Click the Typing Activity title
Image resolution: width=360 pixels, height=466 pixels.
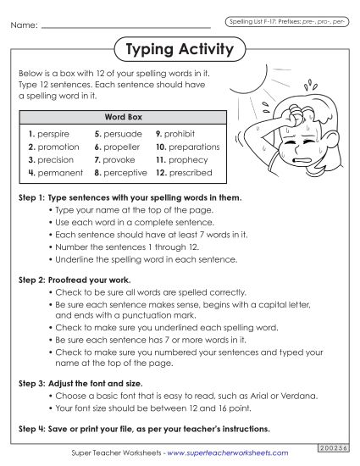[179, 49]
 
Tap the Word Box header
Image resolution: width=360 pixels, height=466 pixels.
[119, 119]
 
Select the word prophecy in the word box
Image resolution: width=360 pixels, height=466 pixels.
[191, 159]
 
